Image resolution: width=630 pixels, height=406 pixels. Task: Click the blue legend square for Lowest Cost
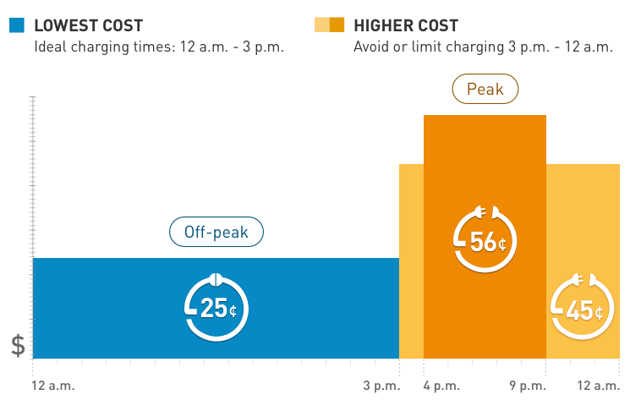pos(17,25)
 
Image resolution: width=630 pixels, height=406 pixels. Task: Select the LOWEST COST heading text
pos(88,25)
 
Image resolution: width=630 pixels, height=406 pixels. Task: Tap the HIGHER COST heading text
pos(406,25)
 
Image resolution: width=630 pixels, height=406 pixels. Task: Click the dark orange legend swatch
pos(337,25)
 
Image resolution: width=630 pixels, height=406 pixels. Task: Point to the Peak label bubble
pos(485,89)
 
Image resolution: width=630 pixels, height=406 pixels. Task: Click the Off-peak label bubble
pos(216,232)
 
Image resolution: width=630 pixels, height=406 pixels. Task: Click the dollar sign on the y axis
pos(18,345)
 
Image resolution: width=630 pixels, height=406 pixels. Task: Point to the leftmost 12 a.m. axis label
pos(53,387)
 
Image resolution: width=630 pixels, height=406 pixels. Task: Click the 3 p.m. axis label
pos(381,387)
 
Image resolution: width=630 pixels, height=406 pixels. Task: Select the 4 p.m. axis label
pos(441,387)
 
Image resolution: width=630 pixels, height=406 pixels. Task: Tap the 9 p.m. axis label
pos(527,387)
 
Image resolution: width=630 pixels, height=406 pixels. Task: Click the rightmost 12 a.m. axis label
pos(599,387)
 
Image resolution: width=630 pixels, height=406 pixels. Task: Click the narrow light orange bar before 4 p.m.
pos(411,262)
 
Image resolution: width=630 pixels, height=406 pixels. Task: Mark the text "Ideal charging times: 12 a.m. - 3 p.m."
pos(159,47)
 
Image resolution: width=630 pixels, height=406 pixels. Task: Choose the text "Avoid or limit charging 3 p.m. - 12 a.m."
pos(483,47)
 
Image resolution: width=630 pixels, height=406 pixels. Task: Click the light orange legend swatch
pos(321,25)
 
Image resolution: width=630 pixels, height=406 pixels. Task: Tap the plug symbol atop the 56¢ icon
pos(485,211)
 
